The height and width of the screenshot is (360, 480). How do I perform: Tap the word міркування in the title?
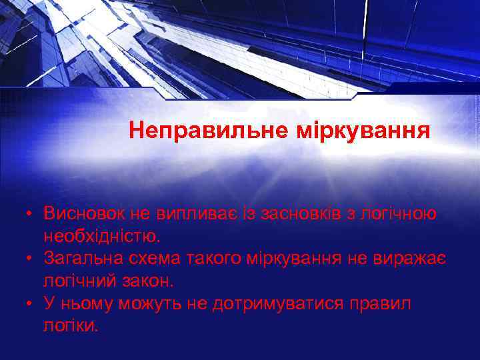click(363, 129)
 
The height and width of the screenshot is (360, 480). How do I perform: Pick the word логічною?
click(399, 213)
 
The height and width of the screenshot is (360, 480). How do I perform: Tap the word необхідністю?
click(102, 235)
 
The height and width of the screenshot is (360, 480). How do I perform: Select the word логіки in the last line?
click(71, 326)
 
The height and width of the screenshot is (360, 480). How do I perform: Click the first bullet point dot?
click(30, 214)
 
